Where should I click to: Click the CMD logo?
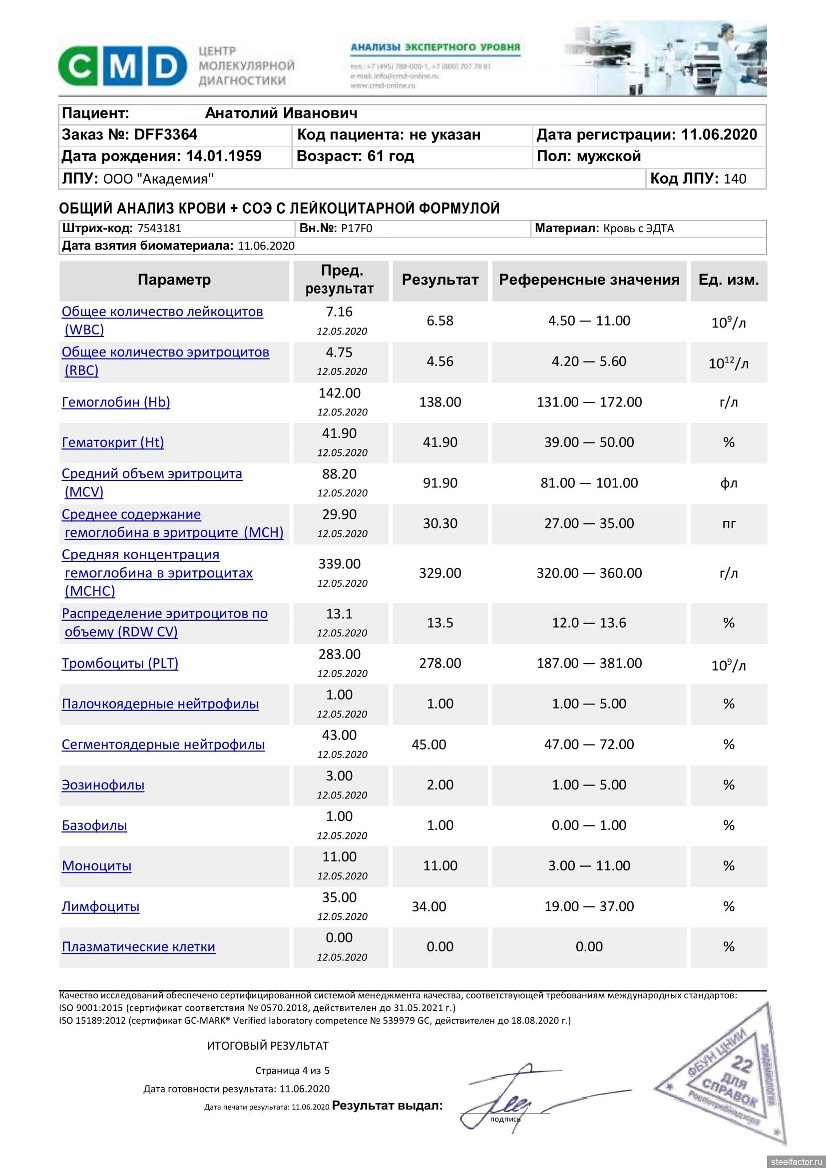122,65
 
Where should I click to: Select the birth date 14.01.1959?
224,156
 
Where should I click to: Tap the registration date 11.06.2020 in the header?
719,135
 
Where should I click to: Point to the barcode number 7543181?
159,228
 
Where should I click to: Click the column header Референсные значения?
588,280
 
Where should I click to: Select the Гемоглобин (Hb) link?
116,402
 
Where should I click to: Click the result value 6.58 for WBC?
440,321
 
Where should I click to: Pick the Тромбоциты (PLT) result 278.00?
440,663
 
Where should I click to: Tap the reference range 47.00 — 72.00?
589,744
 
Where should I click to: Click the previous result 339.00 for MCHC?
339,564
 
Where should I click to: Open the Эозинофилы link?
103,785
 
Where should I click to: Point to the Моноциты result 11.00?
440,866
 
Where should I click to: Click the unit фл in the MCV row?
728,483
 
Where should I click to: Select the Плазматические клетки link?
138,947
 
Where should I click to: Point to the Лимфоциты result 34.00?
429,906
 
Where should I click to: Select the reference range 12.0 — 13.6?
589,623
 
